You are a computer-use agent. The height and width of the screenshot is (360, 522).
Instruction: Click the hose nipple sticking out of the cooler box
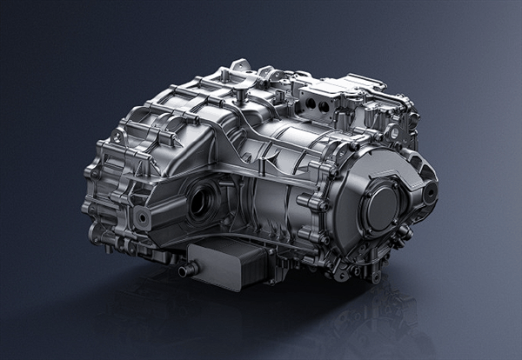pyautogui.click(x=183, y=272)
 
